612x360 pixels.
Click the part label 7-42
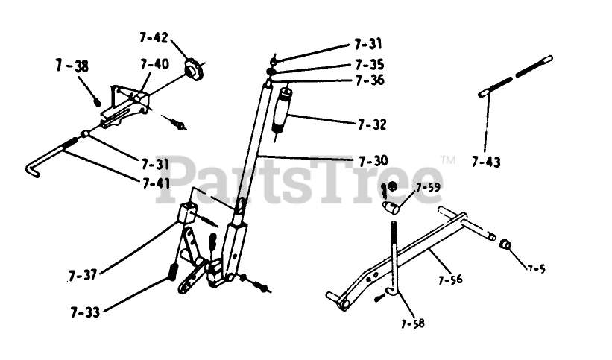tap(154, 37)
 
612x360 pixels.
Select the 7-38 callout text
tap(72, 66)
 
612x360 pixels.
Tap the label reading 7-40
tap(154, 64)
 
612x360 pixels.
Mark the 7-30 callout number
tap(373, 160)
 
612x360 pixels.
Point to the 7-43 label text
tap(486, 160)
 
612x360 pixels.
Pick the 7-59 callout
tap(429, 187)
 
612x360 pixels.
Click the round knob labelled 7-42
tap(195, 71)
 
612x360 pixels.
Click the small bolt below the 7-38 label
tap(96, 98)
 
